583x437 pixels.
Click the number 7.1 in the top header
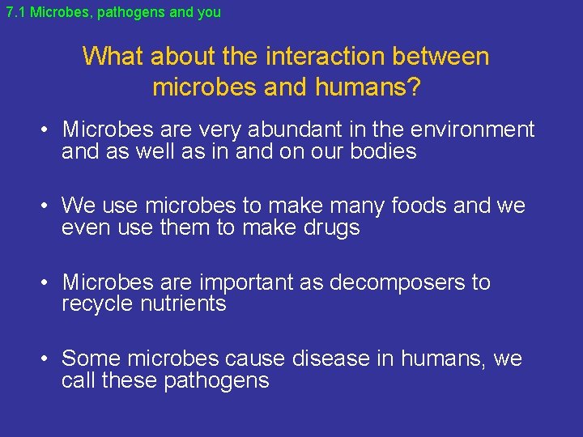[x=15, y=12]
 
